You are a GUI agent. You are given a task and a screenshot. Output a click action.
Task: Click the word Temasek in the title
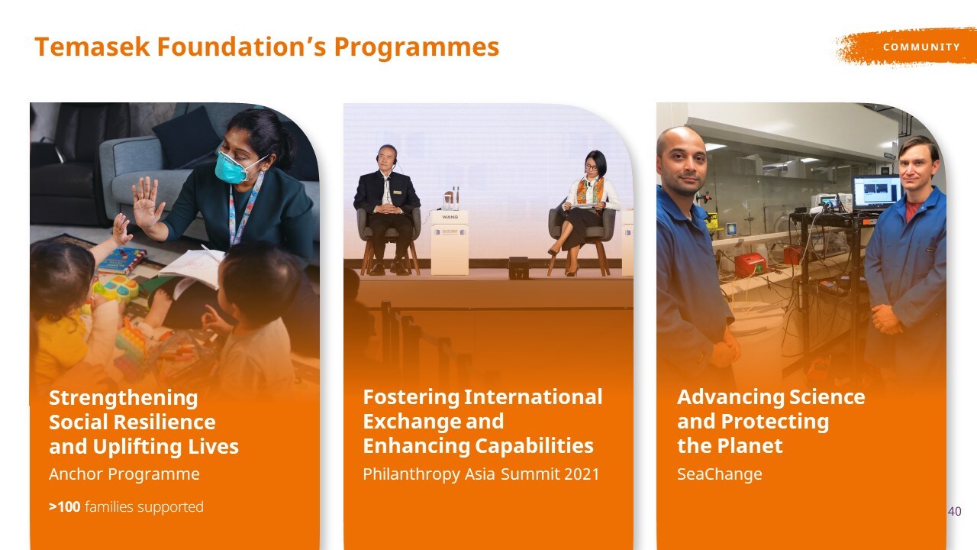pos(92,47)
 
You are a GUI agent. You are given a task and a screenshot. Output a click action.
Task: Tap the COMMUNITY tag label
pos(921,47)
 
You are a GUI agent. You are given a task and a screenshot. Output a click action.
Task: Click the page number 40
pos(954,511)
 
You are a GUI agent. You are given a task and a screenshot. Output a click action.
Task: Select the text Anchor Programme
pos(124,474)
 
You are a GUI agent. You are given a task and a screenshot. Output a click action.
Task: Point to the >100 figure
pos(65,506)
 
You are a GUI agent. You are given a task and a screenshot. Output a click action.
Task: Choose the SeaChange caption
pos(720,474)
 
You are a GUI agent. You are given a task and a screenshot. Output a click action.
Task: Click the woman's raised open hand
pos(147,203)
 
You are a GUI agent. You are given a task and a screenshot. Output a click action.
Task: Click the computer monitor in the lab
pos(877,192)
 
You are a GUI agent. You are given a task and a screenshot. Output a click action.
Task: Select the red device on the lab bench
pos(750,265)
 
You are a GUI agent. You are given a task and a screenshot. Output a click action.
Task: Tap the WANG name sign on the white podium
pos(450,217)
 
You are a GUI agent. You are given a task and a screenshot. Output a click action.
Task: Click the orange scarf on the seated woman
pos(591,191)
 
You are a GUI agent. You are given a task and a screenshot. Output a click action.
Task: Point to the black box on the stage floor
pos(518,268)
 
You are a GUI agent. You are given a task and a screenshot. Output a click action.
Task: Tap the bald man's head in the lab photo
pos(682,160)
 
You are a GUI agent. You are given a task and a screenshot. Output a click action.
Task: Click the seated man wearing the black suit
pos(386,209)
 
